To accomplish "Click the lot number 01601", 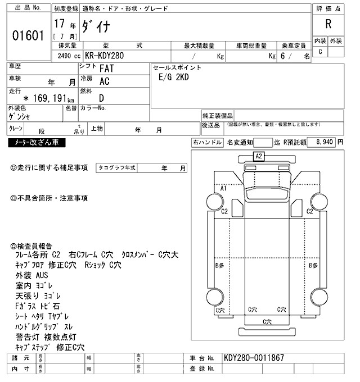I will click(28, 35).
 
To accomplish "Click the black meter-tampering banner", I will click(37, 143).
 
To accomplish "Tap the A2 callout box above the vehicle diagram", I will click(259, 156).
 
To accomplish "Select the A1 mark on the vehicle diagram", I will click(223, 188).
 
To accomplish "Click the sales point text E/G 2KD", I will click(175, 78).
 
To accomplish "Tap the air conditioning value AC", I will click(104, 81).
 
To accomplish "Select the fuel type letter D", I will click(101, 97).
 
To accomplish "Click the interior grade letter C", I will click(321, 52).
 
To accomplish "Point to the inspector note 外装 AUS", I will click(33, 275).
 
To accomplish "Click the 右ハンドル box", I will click(207, 143).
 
